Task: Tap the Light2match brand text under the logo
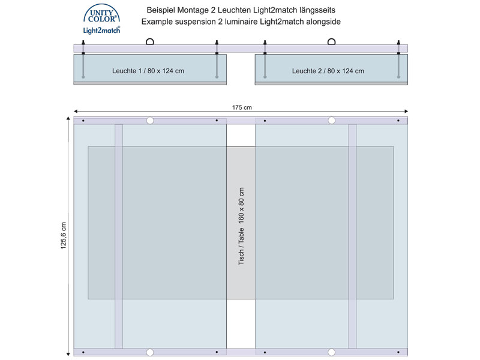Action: [x=101, y=30]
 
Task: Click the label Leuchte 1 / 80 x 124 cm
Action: [x=148, y=71]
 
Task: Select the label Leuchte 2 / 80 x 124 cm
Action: [x=328, y=71]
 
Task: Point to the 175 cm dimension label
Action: [x=242, y=107]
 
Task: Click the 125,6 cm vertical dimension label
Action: [x=64, y=235]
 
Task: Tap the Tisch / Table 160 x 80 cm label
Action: [x=241, y=226]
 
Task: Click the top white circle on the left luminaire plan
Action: [x=149, y=121]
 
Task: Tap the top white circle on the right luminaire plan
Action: [x=332, y=121]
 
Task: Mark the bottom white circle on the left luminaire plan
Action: [x=149, y=352]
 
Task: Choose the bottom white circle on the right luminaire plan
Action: [x=332, y=352]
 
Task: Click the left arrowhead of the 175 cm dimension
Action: [x=76, y=112]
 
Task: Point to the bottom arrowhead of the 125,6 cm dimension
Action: [x=68, y=353]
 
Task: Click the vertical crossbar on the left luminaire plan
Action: [x=119, y=236]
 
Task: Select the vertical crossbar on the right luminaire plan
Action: [x=352, y=236]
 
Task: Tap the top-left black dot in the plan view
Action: [x=83, y=121]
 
